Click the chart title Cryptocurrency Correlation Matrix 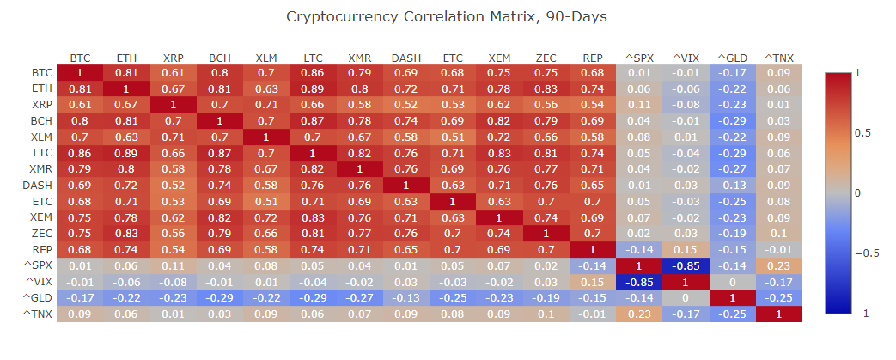coord(447,17)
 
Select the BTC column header coord(80,58)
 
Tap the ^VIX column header coord(686,58)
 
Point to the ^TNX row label coord(40,314)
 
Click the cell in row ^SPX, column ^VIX coord(686,265)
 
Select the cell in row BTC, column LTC coord(314,72)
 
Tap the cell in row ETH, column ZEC coord(546,88)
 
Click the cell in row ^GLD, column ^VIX coord(686,297)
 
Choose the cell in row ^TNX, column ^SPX coord(640,314)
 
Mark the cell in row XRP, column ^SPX coord(640,105)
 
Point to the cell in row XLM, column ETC coord(454,137)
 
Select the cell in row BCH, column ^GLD coord(733,120)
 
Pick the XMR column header coord(360,58)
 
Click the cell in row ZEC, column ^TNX coord(779,233)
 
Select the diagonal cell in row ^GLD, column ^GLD coord(733,297)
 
